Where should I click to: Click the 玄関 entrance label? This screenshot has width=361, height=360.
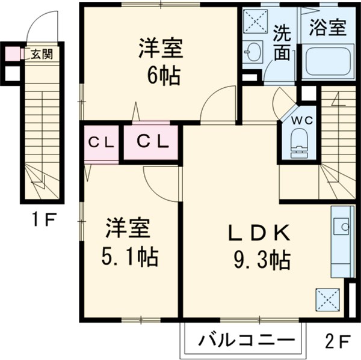41,53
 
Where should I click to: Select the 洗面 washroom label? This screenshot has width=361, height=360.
281,43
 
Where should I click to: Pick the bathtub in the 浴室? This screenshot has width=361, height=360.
328,61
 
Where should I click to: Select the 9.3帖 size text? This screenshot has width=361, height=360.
261,260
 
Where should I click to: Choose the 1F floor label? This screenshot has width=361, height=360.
43,219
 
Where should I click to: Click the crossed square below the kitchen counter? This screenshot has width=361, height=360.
328,298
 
